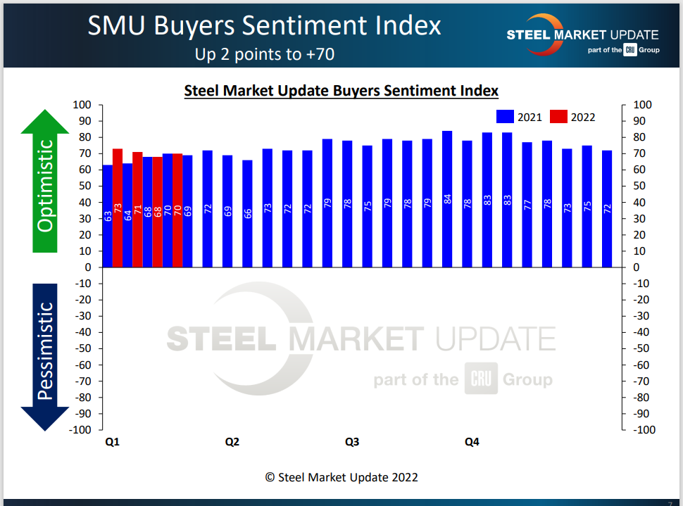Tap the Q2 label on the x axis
pos(232,443)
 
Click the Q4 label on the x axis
pos(472,443)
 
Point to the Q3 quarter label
pos(352,443)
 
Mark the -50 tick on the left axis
pos(84,348)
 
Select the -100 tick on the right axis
pos(641,429)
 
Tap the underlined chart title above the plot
pos(341,91)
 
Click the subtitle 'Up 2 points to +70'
pos(264,53)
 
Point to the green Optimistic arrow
pos(45,183)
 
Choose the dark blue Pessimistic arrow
pos(45,352)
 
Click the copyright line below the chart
pos(341,477)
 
